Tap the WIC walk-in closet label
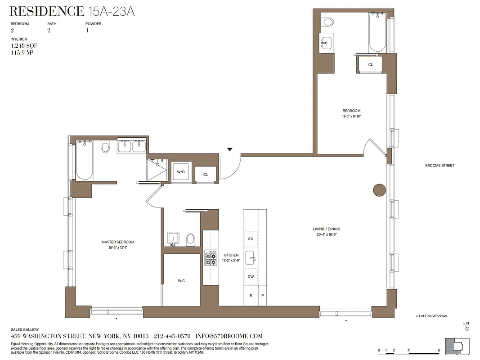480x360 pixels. coord(181,281)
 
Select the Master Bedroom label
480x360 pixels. coord(118,242)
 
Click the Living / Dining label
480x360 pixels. coord(327,229)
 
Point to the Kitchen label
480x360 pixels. coord(231,255)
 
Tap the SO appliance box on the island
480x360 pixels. coord(251,239)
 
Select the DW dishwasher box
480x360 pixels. coord(251,277)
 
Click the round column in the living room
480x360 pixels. coord(379,190)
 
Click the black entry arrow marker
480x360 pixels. coord(230,149)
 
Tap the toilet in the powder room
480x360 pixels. coord(190,239)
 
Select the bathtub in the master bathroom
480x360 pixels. coord(84,160)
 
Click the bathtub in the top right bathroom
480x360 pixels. coord(377,33)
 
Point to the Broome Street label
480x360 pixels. coord(440,166)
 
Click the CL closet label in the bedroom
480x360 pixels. coord(370,64)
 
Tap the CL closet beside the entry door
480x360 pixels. coord(205,175)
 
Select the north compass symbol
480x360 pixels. coord(467,326)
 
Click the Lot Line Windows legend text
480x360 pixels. coord(433,316)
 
